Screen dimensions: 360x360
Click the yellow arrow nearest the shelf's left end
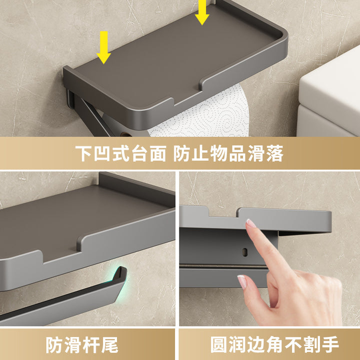pos(104,47)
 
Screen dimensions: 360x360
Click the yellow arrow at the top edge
pos(202,12)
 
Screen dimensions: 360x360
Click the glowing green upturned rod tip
pos(120,276)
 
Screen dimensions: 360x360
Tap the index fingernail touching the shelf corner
pos(250,223)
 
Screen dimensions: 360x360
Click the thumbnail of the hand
pos(242,281)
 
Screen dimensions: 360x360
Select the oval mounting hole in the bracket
pos(244,252)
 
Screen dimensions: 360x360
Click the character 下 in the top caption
pos(84,153)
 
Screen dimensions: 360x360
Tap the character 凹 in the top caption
pos(102,153)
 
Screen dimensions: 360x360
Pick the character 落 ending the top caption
pos(275,153)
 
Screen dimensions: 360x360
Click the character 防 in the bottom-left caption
pos(54,345)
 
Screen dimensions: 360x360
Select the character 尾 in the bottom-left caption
pos(109,345)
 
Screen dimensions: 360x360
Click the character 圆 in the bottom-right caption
pos(219,344)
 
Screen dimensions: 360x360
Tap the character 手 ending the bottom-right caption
pos(330,344)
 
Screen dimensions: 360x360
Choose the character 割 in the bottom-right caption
pos(312,344)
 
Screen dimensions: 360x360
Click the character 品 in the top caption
pos(237,153)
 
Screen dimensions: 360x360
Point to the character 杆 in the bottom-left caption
pos(91,345)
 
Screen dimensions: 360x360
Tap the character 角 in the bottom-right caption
pos(274,344)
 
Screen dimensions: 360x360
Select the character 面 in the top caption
pos(158,153)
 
